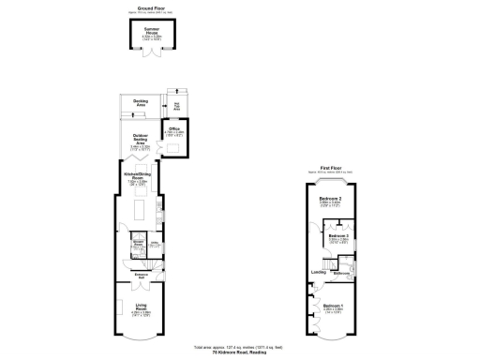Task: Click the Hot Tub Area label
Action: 176,105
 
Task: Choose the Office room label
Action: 174,129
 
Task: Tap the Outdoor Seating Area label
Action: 141,141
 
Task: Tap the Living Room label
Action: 141,308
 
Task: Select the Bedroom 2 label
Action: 328,200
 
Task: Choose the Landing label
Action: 318,273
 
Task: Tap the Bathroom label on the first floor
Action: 340,273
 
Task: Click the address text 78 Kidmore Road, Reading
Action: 240,352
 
